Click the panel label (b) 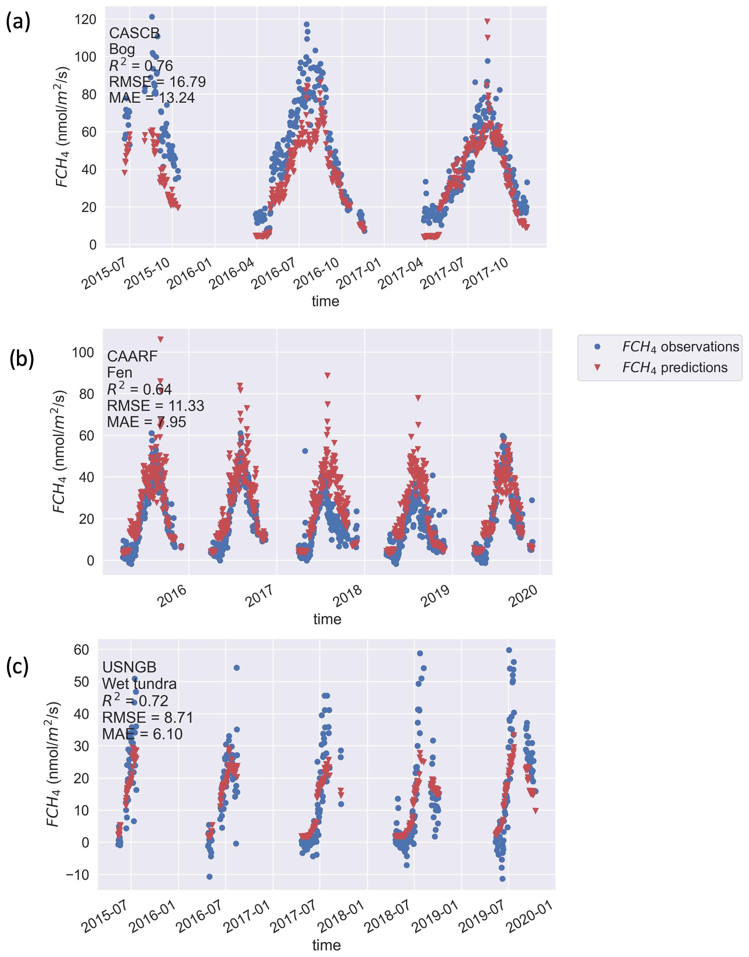click(x=22, y=358)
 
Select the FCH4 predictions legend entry click(x=675, y=368)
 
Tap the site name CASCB click(x=134, y=33)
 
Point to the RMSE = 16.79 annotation click(x=157, y=82)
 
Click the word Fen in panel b click(x=119, y=373)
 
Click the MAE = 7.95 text click(x=147, y=422)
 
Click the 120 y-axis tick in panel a click(x=85, y=19)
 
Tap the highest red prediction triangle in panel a click(x=487, y=21)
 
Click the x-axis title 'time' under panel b click(x=327, y=619)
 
